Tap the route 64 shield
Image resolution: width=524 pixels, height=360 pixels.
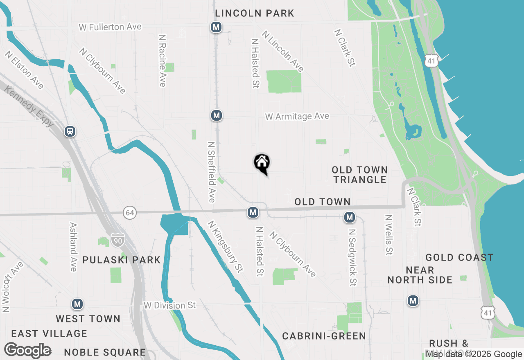coord(130,213)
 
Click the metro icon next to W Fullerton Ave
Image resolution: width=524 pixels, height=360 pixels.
coord(216,27)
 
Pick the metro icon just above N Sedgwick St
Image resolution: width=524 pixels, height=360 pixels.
coord(349,217)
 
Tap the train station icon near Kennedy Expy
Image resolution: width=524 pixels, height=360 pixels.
coord(70,131)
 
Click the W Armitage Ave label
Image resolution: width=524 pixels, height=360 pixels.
coord(297,117)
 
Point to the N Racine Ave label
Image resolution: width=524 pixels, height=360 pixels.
coord(163,60)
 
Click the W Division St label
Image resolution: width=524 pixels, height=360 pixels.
coord(169,306)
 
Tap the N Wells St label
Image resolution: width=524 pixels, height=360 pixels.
coord(388,235)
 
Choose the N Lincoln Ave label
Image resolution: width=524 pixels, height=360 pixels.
coord(283,52)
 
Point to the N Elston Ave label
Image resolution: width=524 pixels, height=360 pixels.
coord(25,70)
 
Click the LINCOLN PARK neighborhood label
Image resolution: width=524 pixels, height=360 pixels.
coord(255,13)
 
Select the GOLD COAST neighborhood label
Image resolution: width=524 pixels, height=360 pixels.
coord(459,257)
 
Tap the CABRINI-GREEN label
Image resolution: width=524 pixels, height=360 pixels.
coord(324,336)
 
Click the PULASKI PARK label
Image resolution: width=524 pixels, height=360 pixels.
coord(122,260)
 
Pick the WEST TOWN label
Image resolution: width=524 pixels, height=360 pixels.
coord(88,319)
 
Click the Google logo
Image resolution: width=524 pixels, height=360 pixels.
coord(28,351)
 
